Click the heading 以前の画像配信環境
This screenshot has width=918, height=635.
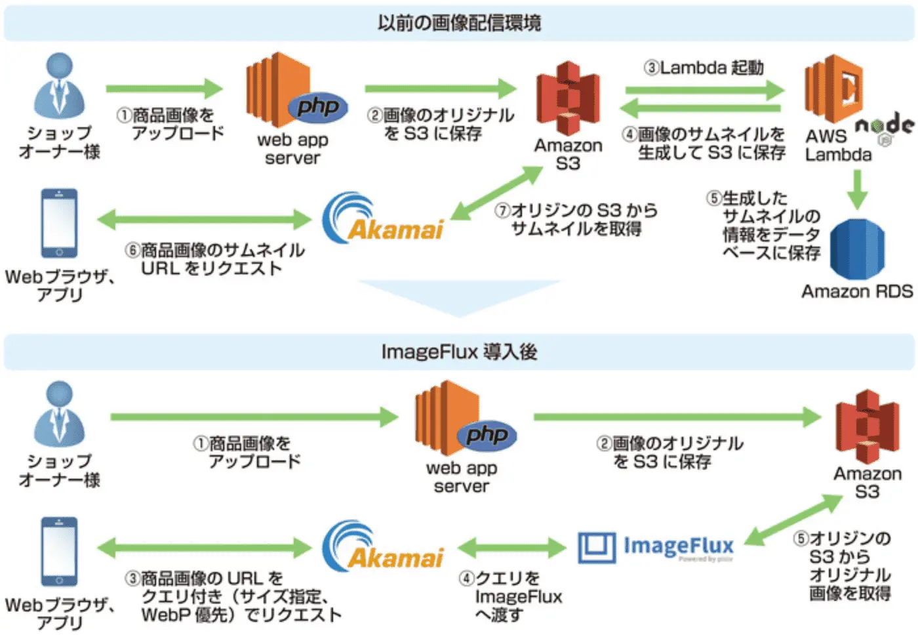459,23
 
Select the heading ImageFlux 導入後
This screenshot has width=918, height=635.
459,352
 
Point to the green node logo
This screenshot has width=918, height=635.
885,126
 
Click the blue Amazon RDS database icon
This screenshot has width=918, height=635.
857,249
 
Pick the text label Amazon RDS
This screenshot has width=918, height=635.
857,291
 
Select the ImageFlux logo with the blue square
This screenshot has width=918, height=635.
656,547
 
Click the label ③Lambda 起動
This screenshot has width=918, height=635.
704,68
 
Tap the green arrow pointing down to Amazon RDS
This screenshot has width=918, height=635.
857,190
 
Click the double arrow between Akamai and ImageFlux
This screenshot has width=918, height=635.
511,547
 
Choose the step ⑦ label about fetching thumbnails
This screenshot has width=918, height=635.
576,220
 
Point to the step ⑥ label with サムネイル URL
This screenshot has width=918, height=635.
215,259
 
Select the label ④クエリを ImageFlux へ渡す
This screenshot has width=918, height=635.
510,596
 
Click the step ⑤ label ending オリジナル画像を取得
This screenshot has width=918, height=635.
843,565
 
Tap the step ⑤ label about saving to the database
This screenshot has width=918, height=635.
764,226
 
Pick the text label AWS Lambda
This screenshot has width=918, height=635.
838,146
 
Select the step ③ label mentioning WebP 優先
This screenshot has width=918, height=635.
233,596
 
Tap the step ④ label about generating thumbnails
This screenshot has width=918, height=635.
704,144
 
